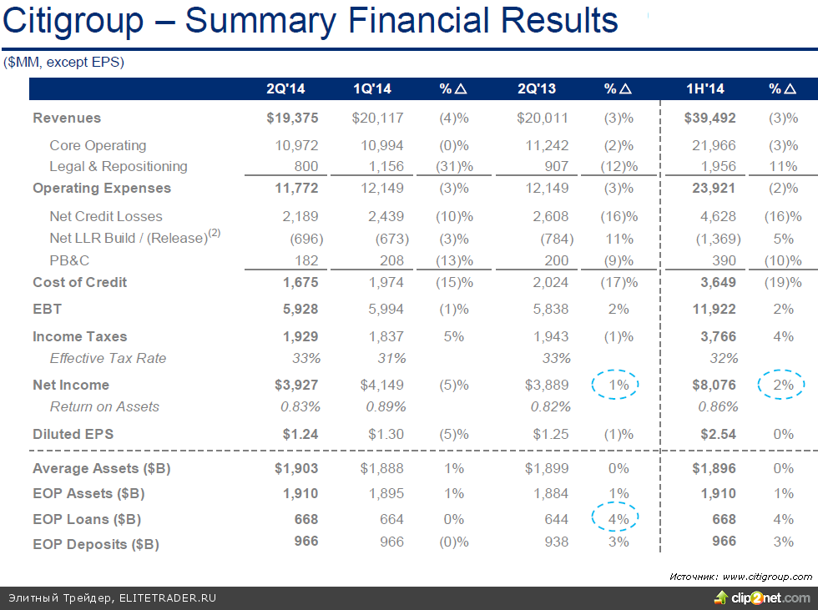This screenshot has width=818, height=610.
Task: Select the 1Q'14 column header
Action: click(x=372, y=89)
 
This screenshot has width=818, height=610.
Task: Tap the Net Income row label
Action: click(x=71, y=386)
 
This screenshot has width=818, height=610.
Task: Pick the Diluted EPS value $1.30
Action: click(x=386, y=435)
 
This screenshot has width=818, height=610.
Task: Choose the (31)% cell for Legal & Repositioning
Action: click(x=454, y=167)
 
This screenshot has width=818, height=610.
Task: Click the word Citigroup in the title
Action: click(x=73, y=21)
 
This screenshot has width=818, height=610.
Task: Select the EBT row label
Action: click(x=48, y=310)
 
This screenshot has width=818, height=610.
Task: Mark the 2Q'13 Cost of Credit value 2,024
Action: click(x=551, y=283)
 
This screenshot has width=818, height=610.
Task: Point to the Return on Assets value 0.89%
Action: click(x=386, y=407)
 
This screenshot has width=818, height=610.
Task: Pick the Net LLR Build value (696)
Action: click(x=301, y=239)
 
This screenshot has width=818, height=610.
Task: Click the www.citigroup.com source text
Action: click(x=767, y=577)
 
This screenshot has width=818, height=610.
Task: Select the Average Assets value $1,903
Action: click(x=296, y=469)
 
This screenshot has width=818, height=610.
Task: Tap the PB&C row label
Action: click(x=68, y=261)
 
